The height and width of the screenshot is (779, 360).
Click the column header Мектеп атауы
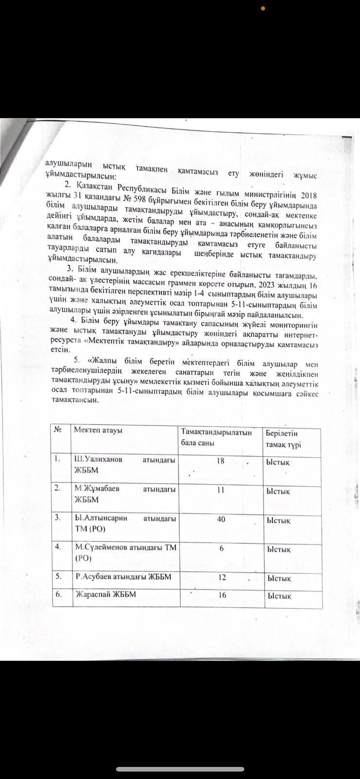97,430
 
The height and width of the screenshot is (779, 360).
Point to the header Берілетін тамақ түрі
284,439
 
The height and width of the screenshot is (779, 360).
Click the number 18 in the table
220,460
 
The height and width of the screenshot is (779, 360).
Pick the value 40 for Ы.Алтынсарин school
221,519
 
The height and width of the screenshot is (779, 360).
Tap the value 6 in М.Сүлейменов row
222,549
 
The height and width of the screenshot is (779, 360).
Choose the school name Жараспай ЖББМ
105,594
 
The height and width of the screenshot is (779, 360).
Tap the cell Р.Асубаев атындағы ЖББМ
119,577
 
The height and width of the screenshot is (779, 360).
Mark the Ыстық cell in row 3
278,520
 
